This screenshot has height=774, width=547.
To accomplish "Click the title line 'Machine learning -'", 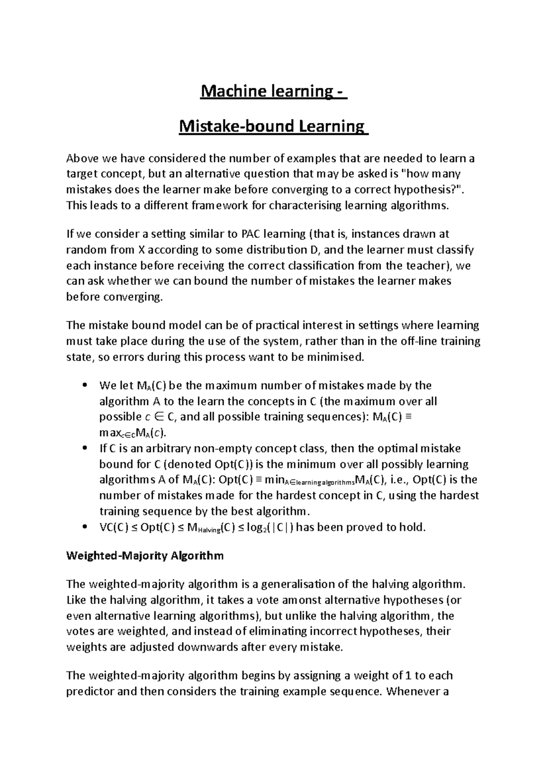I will point(273,92).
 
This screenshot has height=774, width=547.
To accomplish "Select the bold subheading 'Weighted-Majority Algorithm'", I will point(145,556).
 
